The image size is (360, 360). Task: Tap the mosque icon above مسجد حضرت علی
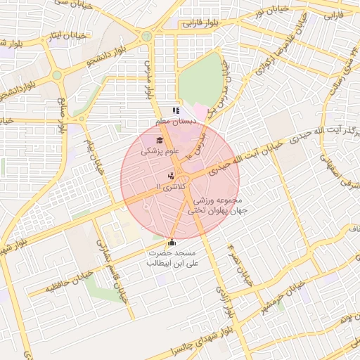tap(172, 243)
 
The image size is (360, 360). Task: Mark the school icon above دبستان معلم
tap(176, 110)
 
